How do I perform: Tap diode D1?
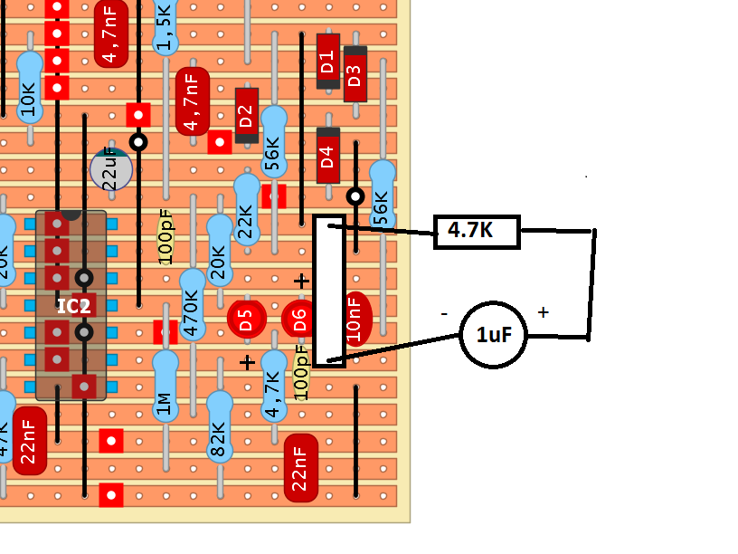pos(327,61)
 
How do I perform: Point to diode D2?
pos(246,115)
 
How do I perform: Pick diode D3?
pos(355,73)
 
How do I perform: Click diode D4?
pos(327,155)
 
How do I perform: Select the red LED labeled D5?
pos(245,319)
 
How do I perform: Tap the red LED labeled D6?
pos(298,319)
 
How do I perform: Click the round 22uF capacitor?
pos(111,169)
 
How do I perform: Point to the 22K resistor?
pos(246,209)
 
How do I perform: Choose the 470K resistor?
pos(192,304)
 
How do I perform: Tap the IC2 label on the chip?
pos(73,306)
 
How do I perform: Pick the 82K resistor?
pos(219,427)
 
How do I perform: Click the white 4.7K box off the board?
pos(477,232)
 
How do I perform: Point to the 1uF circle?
pos(494,335)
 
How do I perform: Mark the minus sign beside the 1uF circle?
pos(444,313)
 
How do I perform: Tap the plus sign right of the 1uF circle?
pos(543,312)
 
